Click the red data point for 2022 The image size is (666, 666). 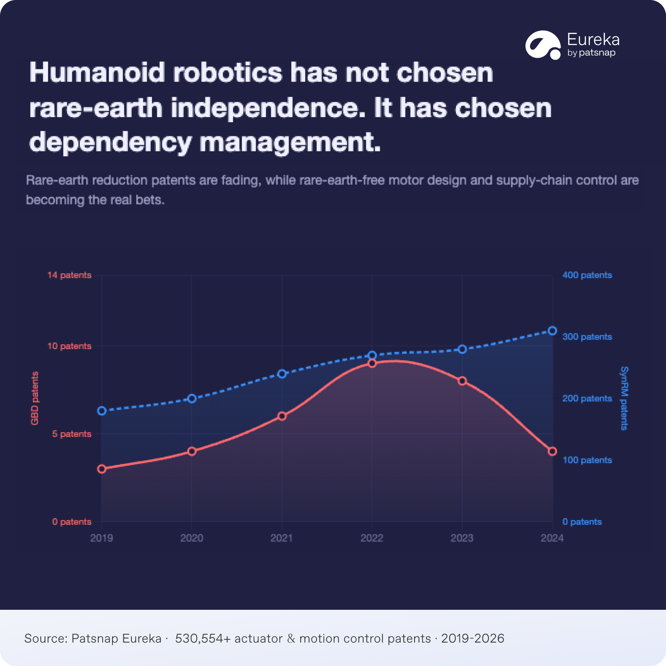[x=372, y=363]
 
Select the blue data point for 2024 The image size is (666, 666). [x=552, y=331]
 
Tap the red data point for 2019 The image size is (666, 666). [x=102, y=469]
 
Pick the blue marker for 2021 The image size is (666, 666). [x=282, y=374]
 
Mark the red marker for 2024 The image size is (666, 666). [x=552, y=451]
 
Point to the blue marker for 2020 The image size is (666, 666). [x=192, y=399]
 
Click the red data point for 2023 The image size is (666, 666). [x=462, y=381]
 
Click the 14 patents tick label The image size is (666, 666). [x=69, y=275]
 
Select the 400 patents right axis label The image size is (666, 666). [x=587, y=275]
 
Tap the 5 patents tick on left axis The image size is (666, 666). [x=72, y=434]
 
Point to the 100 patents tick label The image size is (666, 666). [x=587, y=460]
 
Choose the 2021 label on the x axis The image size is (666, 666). [x=281, y=538]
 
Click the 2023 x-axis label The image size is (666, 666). [x=462, y=538]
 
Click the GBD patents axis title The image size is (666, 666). [x=35, y=398]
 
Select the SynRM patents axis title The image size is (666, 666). [x=624, y=398]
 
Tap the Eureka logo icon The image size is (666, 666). [x=543, y=45]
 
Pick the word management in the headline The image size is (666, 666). [x=290, y=142]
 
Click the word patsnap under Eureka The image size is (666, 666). [x=597, y=53]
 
